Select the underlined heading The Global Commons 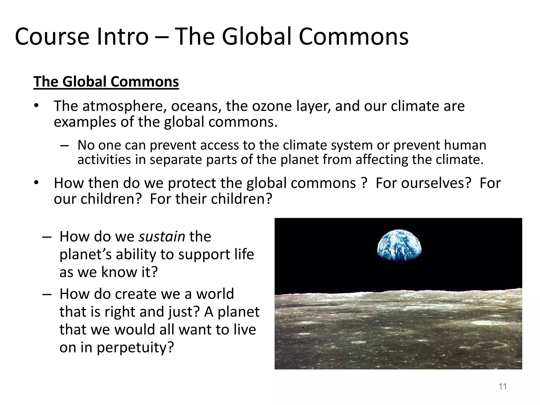click(x=106, y=81)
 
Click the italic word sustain click(x=162, y=236)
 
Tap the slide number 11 click(x=503, y=387)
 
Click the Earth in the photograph click(x=399, y=245)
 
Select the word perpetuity click(x=135, y=347)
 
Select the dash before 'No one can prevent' click(x=64, y=146)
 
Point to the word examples click(x=85, y=122)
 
